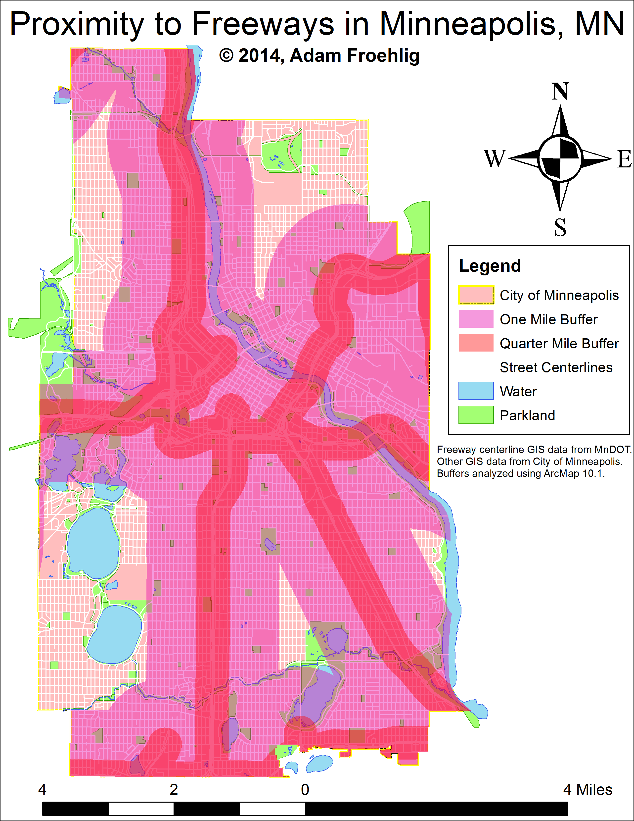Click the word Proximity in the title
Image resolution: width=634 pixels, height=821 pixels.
click(x=77, y=24)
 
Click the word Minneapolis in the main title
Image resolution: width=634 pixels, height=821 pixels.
click(x=471, y=24)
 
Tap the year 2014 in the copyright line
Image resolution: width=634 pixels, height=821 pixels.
click(x=259, y=56)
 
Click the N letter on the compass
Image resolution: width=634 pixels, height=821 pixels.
click(x=560, y=91)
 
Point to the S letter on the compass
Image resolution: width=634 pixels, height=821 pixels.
click(x=560, y=227)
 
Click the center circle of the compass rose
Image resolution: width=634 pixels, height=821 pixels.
click(x=560, y=158)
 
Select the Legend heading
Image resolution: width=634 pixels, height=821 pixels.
click(x=490, y=266)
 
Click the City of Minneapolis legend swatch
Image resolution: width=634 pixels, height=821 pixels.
click(x=475, y=295)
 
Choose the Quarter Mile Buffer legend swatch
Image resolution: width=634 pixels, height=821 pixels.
click(x=475, y=343)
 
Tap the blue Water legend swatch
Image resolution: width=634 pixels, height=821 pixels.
click(x=475, y=391)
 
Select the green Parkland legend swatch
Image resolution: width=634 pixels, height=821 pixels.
click(x=475, y=415)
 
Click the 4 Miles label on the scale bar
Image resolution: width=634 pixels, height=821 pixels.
click(x=588, y=790)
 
